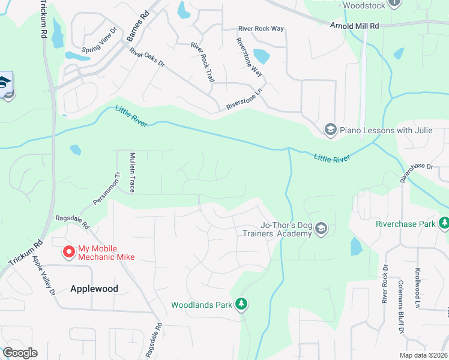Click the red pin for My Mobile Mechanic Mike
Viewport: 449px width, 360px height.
69,252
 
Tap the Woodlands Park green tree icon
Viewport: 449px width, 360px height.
241,304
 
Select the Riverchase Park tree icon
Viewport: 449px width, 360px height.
444,224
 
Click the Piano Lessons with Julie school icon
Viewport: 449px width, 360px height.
330,129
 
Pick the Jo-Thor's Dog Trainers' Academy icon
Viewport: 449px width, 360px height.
321,229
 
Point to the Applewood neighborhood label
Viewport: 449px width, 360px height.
94,289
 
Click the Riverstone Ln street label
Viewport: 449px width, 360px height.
244,100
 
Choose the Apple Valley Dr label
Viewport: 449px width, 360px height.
44,275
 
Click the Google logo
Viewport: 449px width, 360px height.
20,353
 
